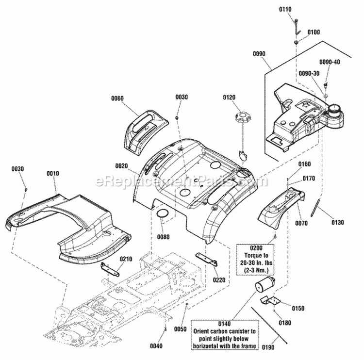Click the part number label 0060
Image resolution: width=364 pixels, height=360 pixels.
(x=117, y=98)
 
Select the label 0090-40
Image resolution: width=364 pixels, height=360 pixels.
(x=330, y=62)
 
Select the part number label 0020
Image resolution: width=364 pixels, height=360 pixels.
(x=121, y=166)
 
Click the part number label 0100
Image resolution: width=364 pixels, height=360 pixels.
(x=314, y=32)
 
